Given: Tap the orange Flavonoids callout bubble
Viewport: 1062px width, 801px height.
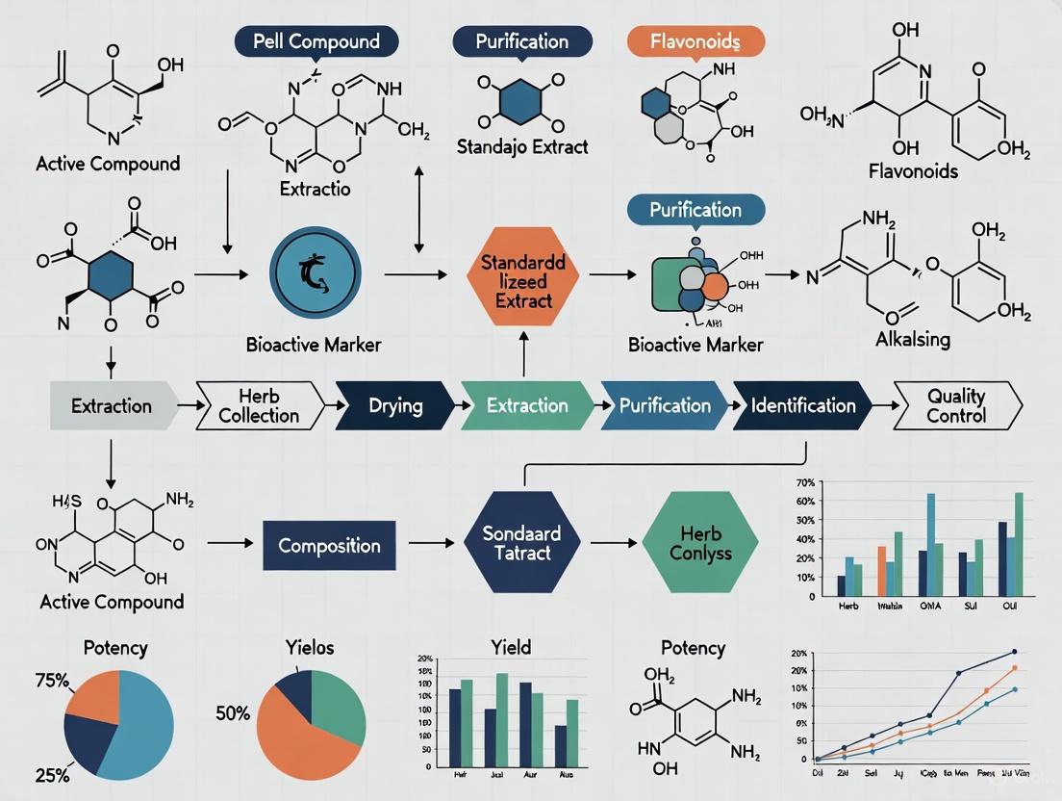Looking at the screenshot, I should coord(695,41).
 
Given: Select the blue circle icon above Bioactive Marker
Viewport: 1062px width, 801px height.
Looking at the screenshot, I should coord(316,271).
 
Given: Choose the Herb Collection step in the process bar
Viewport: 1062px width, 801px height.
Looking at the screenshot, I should coord(259,405).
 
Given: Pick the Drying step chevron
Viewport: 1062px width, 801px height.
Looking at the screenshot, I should coord(395,405).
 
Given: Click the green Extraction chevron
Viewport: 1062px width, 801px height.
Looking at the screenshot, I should coord(526,405).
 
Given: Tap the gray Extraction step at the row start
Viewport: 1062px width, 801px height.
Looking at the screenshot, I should coord(111,405).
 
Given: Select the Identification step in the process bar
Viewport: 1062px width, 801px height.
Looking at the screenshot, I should coord(803,405).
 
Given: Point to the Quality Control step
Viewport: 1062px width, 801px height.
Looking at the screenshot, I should coord(956,405).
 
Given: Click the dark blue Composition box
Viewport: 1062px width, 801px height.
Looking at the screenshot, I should coord(329,545).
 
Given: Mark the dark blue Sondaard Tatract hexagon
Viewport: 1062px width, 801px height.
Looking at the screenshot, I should coord(522,545).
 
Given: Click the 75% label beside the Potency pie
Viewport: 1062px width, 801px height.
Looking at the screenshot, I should coord(53,682).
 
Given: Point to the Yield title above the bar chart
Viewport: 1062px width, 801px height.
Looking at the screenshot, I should coord(510,647).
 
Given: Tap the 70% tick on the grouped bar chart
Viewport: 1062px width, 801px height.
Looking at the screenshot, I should coord(806,481).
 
